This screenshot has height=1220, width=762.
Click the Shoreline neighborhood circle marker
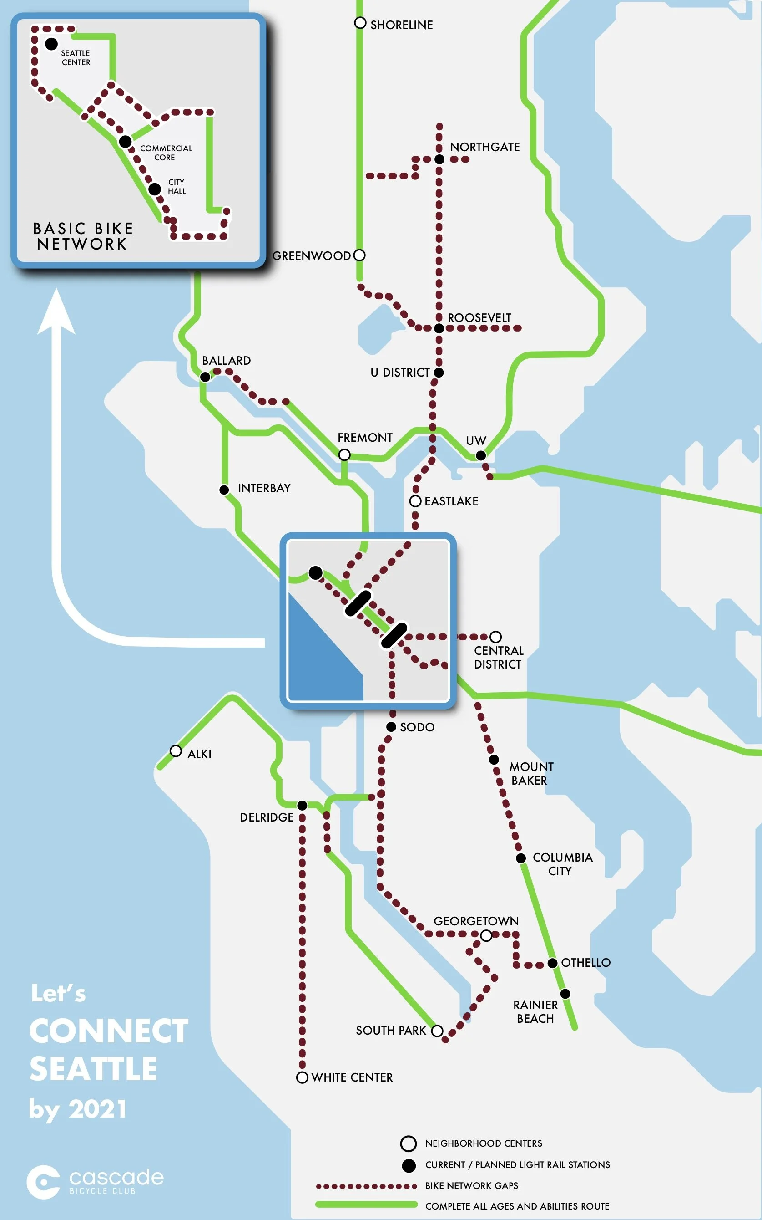pos(360,23)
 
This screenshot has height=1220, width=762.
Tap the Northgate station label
pos(484,147)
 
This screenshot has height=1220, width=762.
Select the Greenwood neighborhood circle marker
pos(359,255)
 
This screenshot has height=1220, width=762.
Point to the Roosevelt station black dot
pos(439,328)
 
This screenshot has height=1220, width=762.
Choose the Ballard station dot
pos(205,377)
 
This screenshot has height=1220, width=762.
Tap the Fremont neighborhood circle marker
pos(344,455)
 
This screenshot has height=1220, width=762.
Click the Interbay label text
pos(264,488)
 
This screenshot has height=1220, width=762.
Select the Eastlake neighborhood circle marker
pos(415,501)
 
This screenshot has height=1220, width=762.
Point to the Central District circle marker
pos(496,637)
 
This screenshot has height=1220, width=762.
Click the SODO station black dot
pos(391,727)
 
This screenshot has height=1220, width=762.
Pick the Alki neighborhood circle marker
pos(176,751)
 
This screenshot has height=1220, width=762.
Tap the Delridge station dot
pos(302,806)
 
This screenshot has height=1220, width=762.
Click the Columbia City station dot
pos(521,858)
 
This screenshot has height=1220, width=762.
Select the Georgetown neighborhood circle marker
pos(486,936)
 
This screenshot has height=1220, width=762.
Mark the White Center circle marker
pos(302,1078)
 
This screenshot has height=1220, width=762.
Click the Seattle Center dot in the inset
pos(51,44)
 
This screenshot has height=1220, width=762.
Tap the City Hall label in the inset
pos(177,187)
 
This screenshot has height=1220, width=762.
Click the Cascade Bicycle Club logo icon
pos(43,1182)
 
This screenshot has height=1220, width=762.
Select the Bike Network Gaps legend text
pos(471,1186)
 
